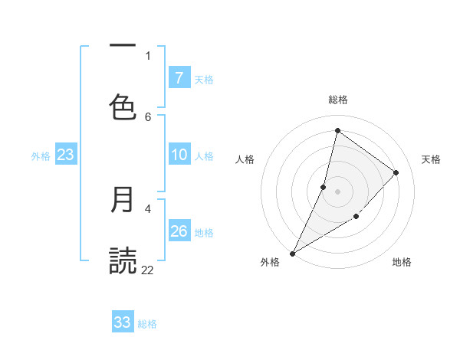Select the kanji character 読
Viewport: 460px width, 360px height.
tap(123, 260)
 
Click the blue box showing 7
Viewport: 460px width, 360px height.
tap(179, 78)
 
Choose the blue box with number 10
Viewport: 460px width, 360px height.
tap(179, 155)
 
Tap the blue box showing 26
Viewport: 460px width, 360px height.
tap(179, 231)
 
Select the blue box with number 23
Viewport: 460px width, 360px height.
tap(66, 155)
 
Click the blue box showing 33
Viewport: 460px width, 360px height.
tap(123, 322)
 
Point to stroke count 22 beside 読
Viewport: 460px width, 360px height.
tap(148, 270)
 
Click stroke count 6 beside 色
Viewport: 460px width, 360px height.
tap(148, 116)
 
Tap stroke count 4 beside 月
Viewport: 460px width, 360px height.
tap(148, 208)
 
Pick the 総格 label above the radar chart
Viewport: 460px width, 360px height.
tap(338, 100)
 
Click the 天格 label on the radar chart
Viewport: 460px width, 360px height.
tap(431, 159)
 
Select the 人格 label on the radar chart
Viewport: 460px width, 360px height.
tap(245, 159)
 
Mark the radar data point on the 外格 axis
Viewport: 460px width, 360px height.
tap(292, 253)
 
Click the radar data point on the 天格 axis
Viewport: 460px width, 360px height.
tap(396, 172)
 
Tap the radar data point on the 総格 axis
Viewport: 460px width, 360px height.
tap(337, 131)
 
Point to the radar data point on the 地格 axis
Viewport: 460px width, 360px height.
tap(356, 217)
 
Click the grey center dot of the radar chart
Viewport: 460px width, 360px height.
tap(337, 191)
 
